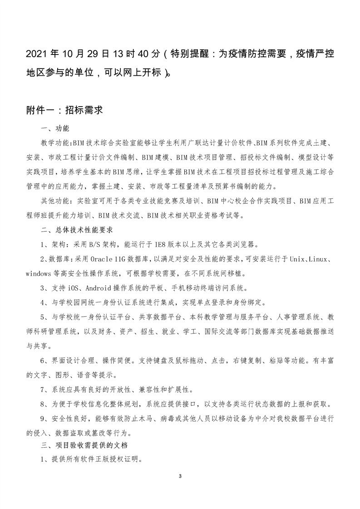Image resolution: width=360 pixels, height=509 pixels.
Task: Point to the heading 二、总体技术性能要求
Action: click(74, 230)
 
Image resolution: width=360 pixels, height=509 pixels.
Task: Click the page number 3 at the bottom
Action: click(180, 476)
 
